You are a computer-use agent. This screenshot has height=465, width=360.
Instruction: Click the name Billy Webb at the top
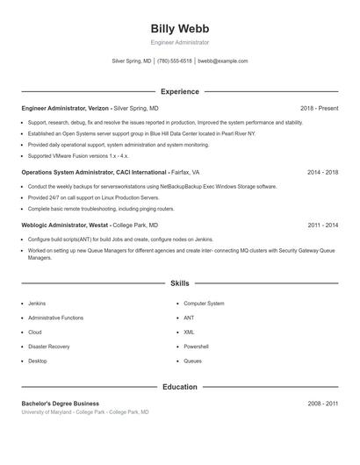(179, 28)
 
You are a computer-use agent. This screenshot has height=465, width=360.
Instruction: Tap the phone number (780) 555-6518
(175, 61)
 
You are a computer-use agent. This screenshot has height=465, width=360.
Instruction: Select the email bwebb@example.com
(223, 61)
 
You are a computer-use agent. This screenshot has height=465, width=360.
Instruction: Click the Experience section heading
(179, 91)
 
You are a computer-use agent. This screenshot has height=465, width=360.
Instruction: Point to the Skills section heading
(179, 283)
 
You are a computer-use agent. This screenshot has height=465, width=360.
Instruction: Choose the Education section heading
(179, 387)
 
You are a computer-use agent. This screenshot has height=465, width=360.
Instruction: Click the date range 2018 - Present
(319, 108)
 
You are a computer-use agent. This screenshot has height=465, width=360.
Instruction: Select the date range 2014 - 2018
(322, 172)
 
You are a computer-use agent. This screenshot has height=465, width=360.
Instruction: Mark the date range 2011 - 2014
(322, 225)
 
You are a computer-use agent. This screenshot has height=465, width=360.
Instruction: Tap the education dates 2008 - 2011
(322, 403)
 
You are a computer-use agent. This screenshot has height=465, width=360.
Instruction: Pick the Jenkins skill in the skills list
(37, 303)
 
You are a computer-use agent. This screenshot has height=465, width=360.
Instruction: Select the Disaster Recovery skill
(49, 347)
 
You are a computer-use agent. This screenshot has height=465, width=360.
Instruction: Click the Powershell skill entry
(196, 347)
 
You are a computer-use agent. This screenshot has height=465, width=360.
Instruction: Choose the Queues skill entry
(192, 361)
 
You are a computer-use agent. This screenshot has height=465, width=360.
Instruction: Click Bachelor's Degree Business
(60, 403)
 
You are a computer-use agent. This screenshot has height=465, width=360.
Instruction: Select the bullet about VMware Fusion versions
(77, 155)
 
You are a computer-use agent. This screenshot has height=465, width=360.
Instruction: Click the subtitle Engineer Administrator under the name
(179, 42)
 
